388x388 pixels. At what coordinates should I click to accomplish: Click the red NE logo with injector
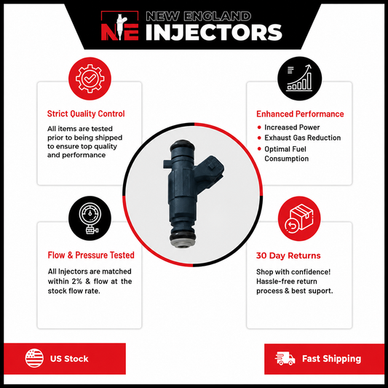120,25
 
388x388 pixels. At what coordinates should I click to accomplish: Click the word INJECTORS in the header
214,32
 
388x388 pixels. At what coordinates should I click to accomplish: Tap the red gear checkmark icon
90,79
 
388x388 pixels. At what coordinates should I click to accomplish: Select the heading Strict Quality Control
86,114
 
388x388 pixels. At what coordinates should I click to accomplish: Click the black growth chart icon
299,79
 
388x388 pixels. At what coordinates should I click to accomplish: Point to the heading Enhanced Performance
300,114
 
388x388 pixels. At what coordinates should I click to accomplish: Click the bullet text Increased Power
292,127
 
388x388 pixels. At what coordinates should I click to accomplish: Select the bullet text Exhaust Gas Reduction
302,138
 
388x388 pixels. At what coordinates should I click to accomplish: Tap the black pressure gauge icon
90,218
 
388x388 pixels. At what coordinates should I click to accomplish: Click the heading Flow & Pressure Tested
91,255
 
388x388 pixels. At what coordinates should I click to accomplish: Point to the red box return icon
299,218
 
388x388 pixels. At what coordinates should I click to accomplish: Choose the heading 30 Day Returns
288,256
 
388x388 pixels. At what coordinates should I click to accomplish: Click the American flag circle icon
34,358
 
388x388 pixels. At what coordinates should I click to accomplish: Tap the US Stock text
69,359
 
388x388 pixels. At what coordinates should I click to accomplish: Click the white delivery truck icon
285,359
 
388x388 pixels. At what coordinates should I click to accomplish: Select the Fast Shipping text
331,359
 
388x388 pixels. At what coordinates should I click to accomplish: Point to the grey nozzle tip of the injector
183,244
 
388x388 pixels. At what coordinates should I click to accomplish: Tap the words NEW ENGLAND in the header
198,16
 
